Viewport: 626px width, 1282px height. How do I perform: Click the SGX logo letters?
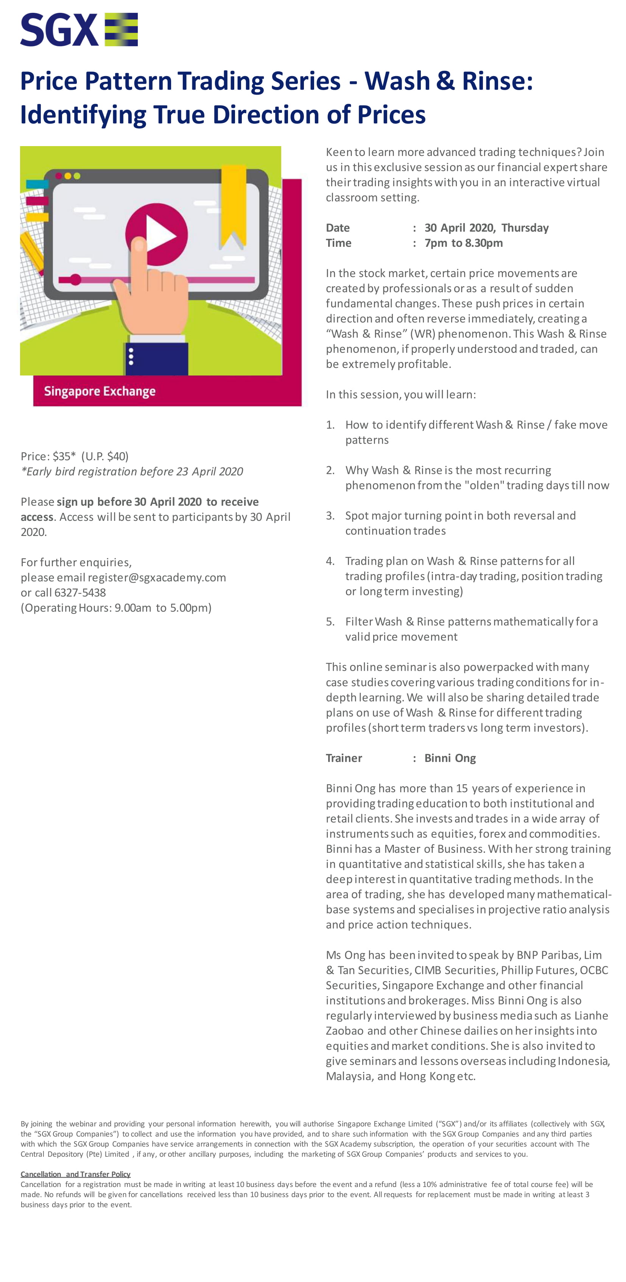coord(59,30)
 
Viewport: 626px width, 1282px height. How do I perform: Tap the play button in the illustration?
coord(157,234)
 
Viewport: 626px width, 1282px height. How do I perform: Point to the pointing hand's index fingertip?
coord(140,245)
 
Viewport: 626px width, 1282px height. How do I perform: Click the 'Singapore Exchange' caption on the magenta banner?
coord(100,391)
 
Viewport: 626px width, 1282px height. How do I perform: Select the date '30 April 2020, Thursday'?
coord(486,228)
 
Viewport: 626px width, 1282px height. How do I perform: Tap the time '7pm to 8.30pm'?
coord(463,243)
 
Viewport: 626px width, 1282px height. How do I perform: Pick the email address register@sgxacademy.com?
coord(157,577)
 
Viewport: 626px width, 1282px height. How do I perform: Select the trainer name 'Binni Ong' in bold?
coord(450,758)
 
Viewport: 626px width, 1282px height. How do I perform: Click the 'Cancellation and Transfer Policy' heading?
coord(76,1174)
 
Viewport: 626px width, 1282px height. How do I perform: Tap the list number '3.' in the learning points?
coord(330,516)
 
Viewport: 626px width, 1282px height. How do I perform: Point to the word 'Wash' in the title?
coord(397,81)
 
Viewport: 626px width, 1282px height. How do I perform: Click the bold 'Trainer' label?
coord(344,758)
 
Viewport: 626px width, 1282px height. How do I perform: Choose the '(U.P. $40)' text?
coord(105,456)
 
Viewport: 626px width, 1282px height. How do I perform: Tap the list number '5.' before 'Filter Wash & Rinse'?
coord(330,622)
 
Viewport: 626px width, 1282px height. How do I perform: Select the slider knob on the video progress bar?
coord(75,279)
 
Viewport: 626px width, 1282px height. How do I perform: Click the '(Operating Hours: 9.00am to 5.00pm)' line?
coord(116,608)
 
